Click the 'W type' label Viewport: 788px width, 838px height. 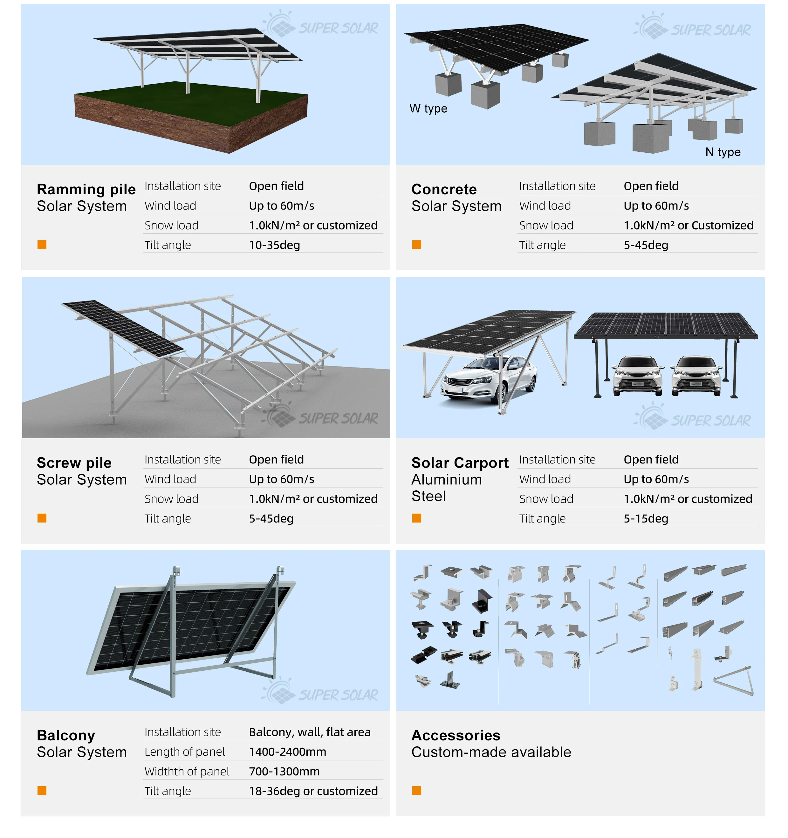[428, 108]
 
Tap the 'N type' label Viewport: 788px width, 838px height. [723, 152]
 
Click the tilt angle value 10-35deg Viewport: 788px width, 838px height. [274, 245]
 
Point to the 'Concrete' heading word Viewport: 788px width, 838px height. [444, 189]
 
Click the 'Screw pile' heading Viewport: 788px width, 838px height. [74, 463]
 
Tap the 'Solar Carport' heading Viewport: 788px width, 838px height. [460, 463]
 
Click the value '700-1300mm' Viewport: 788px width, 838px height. [284, 772]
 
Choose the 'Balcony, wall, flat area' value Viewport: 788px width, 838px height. [310, 732]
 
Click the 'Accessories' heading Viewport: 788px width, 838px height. [456, 736]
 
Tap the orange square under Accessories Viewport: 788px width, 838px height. [416, 791]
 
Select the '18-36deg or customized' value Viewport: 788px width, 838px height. [313, 791]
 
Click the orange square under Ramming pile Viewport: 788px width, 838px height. [42, 245]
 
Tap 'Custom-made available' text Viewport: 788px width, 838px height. [491, 752]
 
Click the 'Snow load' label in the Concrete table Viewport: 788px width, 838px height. [546, 225]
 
